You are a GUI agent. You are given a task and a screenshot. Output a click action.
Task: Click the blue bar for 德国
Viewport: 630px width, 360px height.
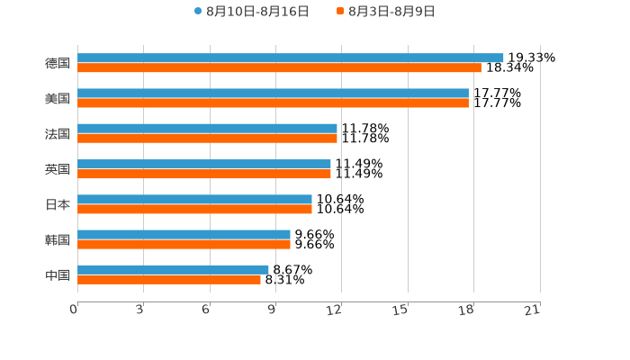[x=290, y=58]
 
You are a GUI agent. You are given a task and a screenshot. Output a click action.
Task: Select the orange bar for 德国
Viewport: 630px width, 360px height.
[x=279, y=67]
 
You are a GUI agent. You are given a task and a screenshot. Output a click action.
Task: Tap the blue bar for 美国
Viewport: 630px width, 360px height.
[x=273, y=93]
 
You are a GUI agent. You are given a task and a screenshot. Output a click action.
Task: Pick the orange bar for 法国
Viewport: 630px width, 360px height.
[x=207, y=139]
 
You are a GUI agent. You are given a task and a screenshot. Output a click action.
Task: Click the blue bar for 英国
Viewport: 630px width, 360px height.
[x=204, y=164]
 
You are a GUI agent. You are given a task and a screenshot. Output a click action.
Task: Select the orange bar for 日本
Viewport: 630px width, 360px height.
[x=194, y=209]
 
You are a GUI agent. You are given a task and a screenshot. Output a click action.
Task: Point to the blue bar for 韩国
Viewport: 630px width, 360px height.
[x=184, y=234]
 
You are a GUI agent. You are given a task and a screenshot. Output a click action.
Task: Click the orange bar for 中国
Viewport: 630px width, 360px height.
[x=169, y=280]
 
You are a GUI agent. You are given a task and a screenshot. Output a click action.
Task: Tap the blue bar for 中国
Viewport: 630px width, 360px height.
[x=173, y=269]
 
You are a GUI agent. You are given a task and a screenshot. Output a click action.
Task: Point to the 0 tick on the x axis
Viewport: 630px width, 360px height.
[x=74, y=310]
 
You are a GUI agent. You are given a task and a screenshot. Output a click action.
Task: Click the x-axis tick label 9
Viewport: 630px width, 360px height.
[x=272, y=310]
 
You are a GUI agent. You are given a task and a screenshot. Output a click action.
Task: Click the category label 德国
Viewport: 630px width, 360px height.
[x=57, y=63]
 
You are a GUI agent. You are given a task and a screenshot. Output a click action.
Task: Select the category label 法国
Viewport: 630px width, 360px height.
[x=57, y=133]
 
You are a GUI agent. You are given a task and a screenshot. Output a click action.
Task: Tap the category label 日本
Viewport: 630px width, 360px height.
[x=57, y=204]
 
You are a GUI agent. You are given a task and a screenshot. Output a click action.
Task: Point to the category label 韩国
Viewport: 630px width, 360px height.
[x=57, y=239]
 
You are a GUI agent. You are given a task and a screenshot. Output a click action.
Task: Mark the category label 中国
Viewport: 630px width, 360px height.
[x=57, y=274]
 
